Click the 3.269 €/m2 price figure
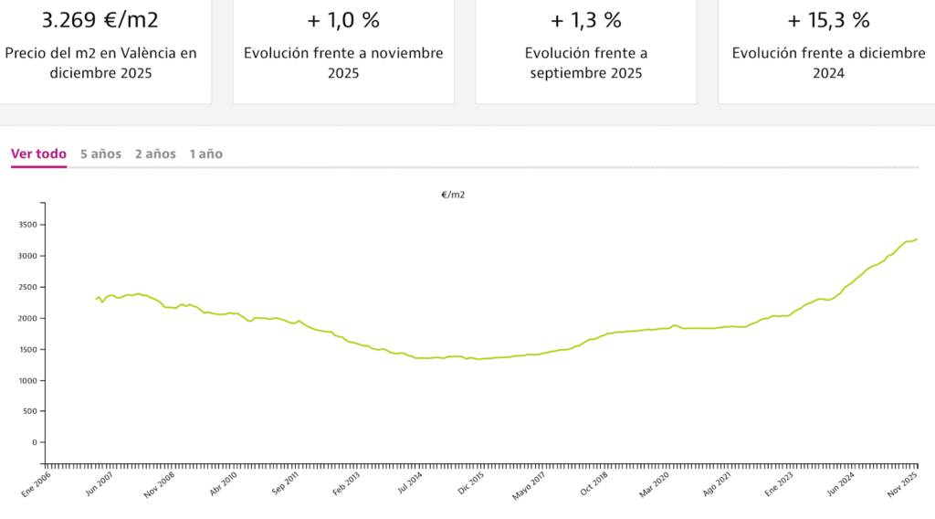pyautogui.click(x=100, y=20)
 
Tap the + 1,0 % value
pyautogui.click(x=343, y=20)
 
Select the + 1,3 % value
pyautogui.click(x=586, y=20)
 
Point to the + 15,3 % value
pyautogui.click(x=828, y=20)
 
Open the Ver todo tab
pyautogui.click(x=38, y=154)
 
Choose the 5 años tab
pyautogui.click(x=100, y=154)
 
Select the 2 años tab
pyautogui.click(x=155, y=154)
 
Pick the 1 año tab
pyautogui.click(x=205, y=154)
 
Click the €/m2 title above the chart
pyautogui.click(x=453, y=195)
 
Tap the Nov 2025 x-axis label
pyautogui.click(x=903, y=484)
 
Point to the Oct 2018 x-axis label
pyautogui.click(x=594, y=484)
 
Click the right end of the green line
pyautogui.click(x=917, y=239)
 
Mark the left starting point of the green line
pyautogui.click(x=96, y=299)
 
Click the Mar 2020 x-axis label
pyautogui.click(x=656, y=484)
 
